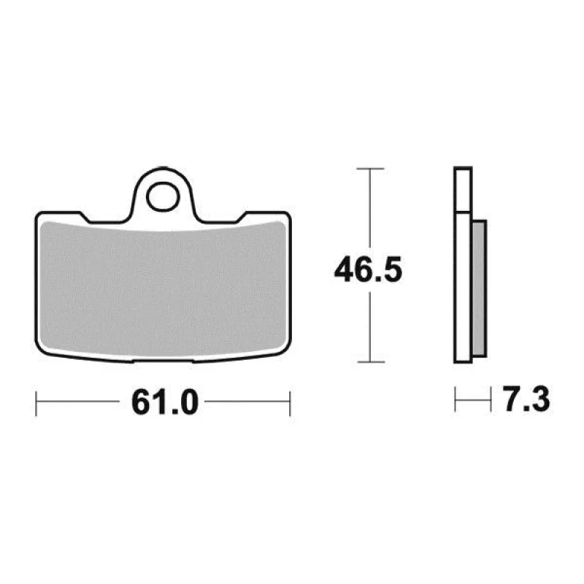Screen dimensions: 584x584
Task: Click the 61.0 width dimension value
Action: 165,402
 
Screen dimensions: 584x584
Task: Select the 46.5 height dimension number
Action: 368,269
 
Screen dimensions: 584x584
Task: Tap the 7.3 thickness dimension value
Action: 526,399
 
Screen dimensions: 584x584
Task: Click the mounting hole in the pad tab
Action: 163,196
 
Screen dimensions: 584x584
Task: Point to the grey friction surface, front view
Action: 163,289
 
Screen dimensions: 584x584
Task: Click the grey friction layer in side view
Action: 480,288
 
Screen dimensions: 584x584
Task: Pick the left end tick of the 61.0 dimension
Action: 36,404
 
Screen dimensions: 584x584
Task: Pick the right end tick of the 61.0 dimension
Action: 290,404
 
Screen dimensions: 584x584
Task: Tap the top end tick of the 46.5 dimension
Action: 370,169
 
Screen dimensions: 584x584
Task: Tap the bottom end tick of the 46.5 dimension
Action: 371,361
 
